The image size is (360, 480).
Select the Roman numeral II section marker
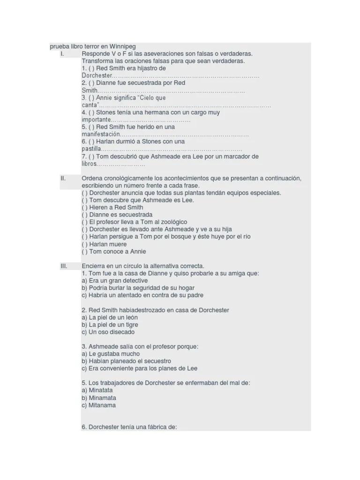(63, 178)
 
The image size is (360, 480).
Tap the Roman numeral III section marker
(64, 266)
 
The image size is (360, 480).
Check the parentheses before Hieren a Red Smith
(84, 207)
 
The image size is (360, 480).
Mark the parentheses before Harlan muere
(84, 244)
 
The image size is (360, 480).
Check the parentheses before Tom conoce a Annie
(84, 252)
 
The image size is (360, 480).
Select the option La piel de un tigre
(110, 324)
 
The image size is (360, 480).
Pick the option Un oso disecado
(108, 332)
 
